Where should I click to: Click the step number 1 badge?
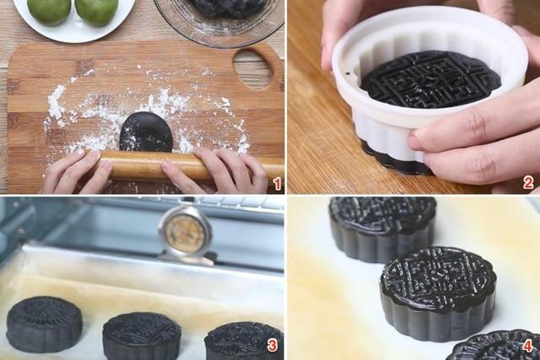tap(276, 183)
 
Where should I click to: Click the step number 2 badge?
tap(528, 183)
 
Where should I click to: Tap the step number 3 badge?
tap(272, 346)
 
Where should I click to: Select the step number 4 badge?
tap(527, 346)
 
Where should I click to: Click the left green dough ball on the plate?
tap(49, 9)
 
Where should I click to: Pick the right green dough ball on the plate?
tap(97, 9)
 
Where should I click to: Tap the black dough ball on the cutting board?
tap(146, 132)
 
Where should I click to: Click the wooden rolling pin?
tap(135, 164)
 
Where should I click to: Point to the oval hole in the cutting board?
tap(252, 68)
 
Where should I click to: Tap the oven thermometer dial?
tap(185, 232)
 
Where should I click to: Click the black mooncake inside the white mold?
tap(430, 79)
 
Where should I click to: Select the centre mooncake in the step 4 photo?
tap(437, 291)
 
